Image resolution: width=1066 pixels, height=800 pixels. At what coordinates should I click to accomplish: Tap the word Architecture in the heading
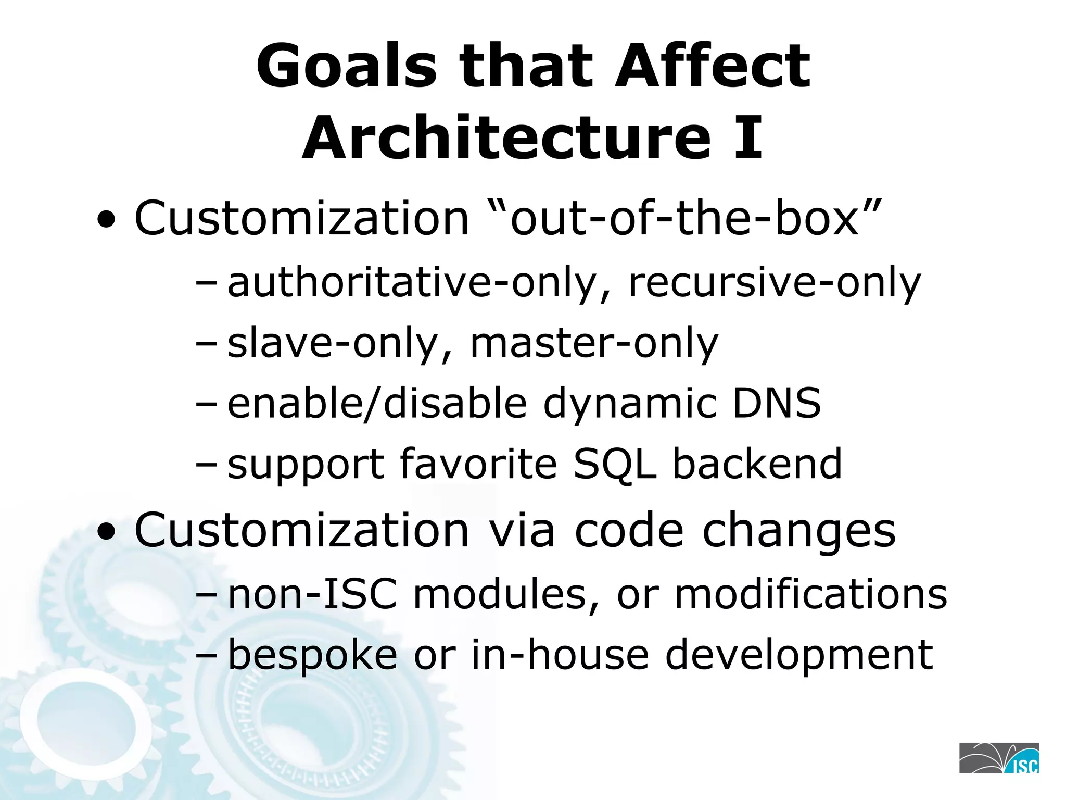506,138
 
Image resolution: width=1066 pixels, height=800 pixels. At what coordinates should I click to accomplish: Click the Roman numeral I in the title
748,138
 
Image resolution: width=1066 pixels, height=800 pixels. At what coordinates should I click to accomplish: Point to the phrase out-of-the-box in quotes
683,218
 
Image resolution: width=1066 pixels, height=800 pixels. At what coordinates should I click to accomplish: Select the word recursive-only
775,282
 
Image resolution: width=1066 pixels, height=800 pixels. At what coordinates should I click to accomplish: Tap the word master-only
594,343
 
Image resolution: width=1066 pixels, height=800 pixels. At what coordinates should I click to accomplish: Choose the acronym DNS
777,403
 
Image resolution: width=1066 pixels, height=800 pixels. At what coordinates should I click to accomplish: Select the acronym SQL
615,464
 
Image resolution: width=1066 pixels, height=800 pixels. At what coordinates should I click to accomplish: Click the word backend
757,464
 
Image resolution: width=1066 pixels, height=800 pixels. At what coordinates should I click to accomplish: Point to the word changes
799,530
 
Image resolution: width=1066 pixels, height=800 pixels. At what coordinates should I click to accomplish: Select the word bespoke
312,655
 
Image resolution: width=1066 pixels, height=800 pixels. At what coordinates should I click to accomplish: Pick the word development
799,655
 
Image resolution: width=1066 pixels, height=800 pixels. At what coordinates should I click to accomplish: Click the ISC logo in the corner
999,758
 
